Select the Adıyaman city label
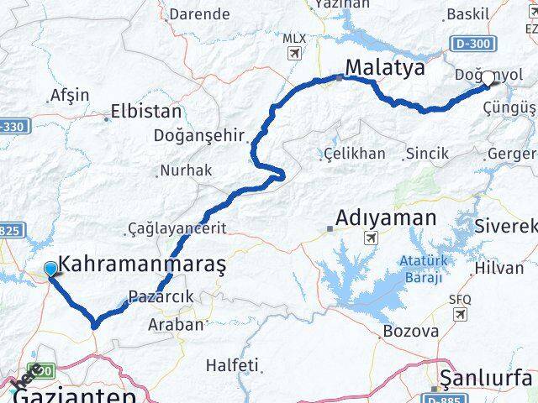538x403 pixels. coord(386,218)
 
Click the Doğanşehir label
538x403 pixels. coord(199,135)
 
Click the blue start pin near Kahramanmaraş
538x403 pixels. coord(50,269)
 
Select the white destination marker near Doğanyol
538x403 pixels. coord(488,79)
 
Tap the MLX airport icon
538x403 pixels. coord(294,54)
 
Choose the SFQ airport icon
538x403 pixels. coord(460,313)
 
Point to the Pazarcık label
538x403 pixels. coord(161,296)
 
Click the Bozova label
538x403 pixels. coord(410,331)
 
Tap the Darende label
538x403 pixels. coord(199,13)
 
